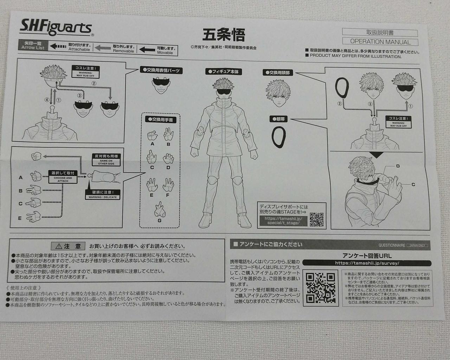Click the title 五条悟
(x=224, y=34)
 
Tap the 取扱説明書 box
(x=380, y=33)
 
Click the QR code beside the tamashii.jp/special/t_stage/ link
(x=316, y=219)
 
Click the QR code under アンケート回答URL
(x=320, y=288)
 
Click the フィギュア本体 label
(x=224, y=72)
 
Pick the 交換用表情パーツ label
(x=161, y=71)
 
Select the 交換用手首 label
(x=160, y=120)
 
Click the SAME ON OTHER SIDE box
(x=106, y=160)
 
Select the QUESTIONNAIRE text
(x=392, y=245)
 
